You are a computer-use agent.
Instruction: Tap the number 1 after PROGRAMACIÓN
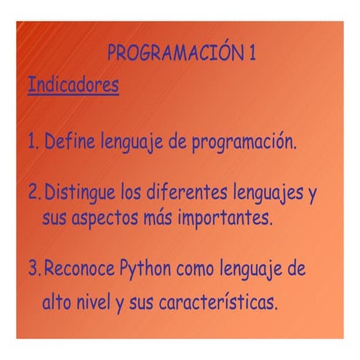click(250, 54)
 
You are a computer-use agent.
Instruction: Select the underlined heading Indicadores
click(73, 85)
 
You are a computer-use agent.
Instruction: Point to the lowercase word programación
click(244, 142)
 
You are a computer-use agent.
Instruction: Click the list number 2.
click(33, 193)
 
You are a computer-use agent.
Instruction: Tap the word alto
click(56, 300)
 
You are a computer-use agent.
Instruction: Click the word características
click(214, 300)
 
